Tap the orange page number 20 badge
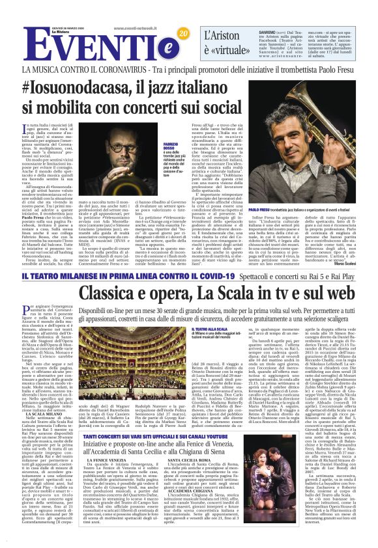click(182, 33)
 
